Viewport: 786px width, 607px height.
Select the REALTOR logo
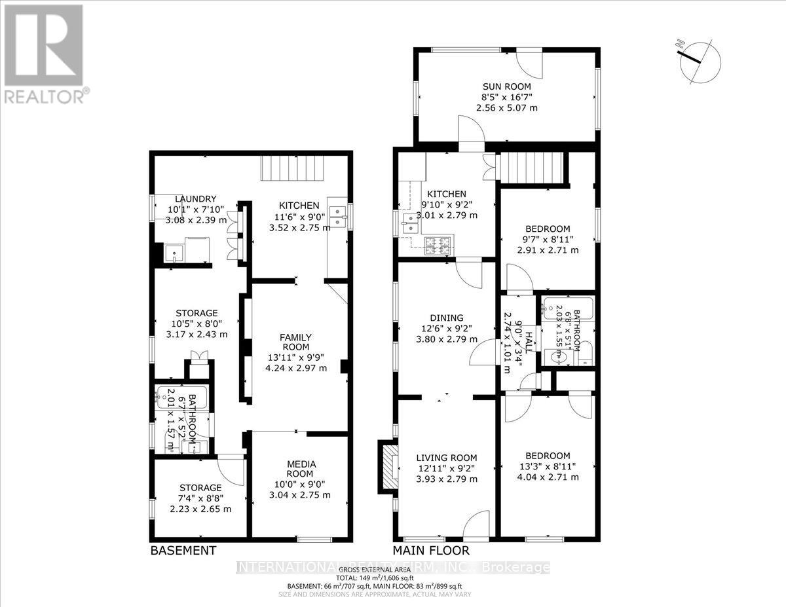pos(44,53)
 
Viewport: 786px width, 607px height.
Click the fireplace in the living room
pos(386,467)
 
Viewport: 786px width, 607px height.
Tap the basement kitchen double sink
pos(339,215)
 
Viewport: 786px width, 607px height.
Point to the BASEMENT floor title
pos(183,551)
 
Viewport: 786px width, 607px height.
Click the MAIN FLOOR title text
pos(430,551)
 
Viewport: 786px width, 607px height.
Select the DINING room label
pos(447,318)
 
